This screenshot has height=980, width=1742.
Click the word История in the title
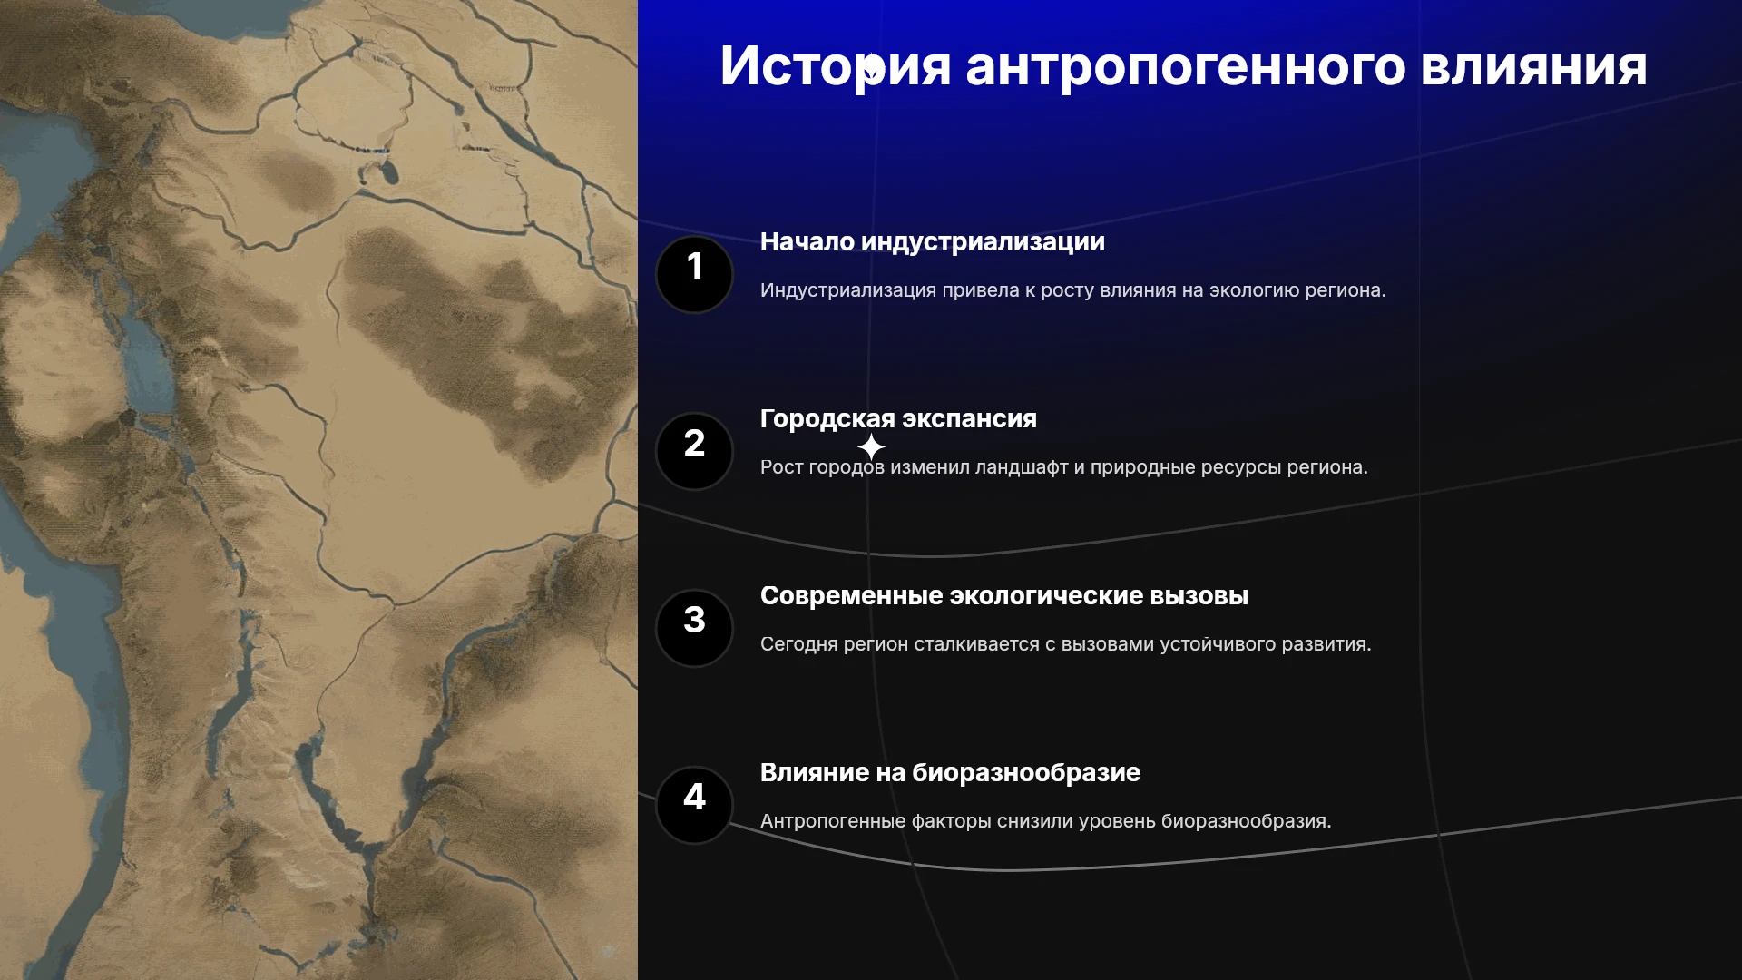coord(836,66)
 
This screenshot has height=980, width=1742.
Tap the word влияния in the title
coord(1534,67)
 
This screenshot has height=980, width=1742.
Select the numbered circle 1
coord(694,274)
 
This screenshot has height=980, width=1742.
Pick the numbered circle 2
coord(694,451)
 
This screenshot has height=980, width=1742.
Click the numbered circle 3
coord(694,628)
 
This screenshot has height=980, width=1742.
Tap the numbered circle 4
coord(694,805)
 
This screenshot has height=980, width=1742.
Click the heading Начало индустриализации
coord(933,242)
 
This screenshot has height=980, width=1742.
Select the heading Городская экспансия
coord(898,419)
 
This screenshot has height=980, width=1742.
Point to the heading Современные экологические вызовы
coord(1004,596)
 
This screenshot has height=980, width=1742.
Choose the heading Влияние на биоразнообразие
coord(950,773)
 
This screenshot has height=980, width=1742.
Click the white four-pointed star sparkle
coord(871,446)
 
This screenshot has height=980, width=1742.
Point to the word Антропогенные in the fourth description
coord(833,821)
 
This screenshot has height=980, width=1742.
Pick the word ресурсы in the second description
coord(1241,468)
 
